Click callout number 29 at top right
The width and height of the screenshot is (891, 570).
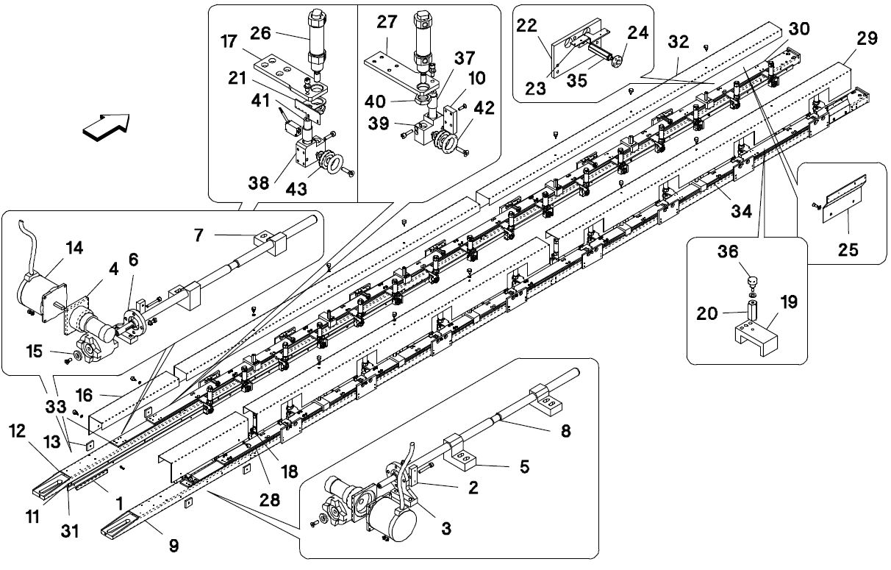click(x=867, y=39)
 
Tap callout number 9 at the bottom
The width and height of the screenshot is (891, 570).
click(x=174, y=545)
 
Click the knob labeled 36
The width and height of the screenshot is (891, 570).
click(x=751, y=280)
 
